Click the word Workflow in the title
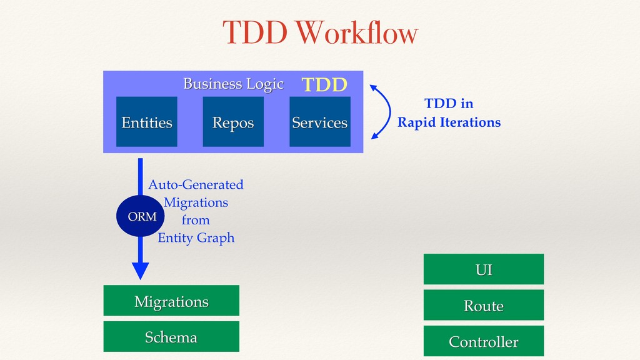pos(357,32)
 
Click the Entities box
pos(146,122)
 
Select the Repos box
pos(233,122)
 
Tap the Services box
pos(320,122)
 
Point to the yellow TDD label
pos(324,84)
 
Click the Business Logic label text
pos(233,84)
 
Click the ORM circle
pos(141,216)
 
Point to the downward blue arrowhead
pos(141,271)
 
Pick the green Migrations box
pos(171,301)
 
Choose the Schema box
pos(171,336)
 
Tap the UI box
pos(484,269)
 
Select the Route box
pos(484,305)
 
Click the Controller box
pos(484,341)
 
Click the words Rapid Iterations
pos(449,122)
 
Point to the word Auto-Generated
pos(196,184)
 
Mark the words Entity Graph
pos(196,238)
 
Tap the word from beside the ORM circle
pos(196,220)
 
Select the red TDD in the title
pos(255,32)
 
